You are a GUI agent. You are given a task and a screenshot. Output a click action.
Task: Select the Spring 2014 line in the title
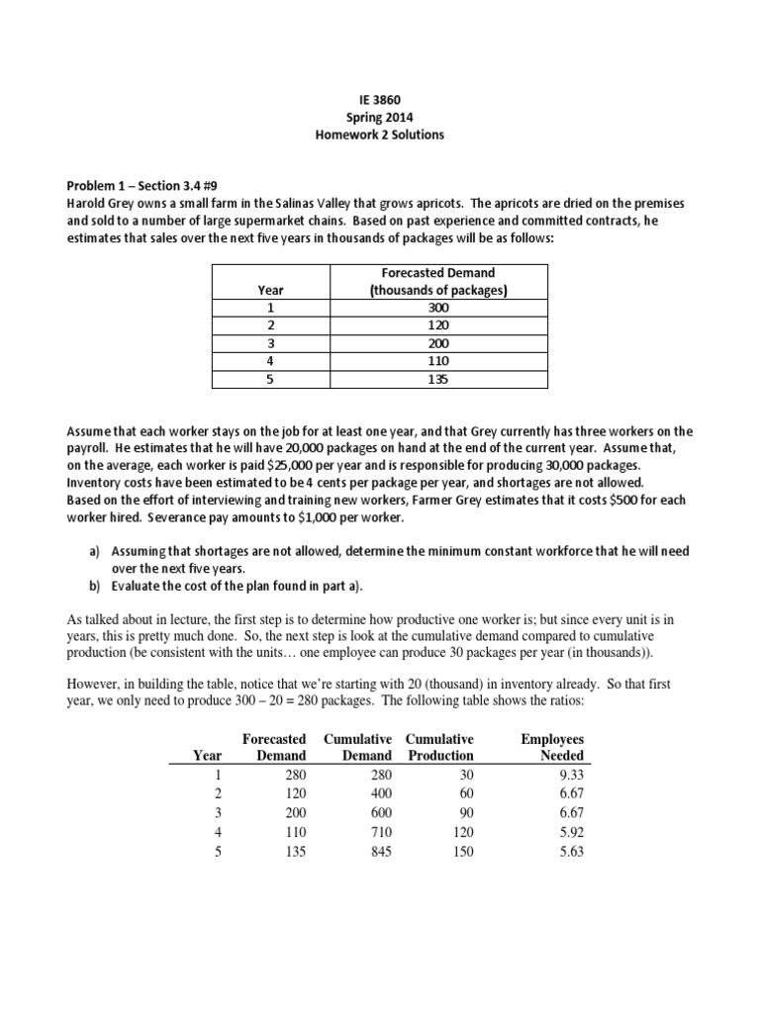coord(380,117)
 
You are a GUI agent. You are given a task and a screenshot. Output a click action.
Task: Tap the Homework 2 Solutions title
coord(380,135)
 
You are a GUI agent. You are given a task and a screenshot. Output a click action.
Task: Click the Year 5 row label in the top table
coord(270,380)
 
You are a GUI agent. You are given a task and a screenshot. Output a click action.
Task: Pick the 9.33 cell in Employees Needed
coord(570,775)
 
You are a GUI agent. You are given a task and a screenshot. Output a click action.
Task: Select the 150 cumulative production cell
coord(459,851)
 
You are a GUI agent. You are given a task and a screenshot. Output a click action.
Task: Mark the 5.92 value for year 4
coord(570,832)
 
